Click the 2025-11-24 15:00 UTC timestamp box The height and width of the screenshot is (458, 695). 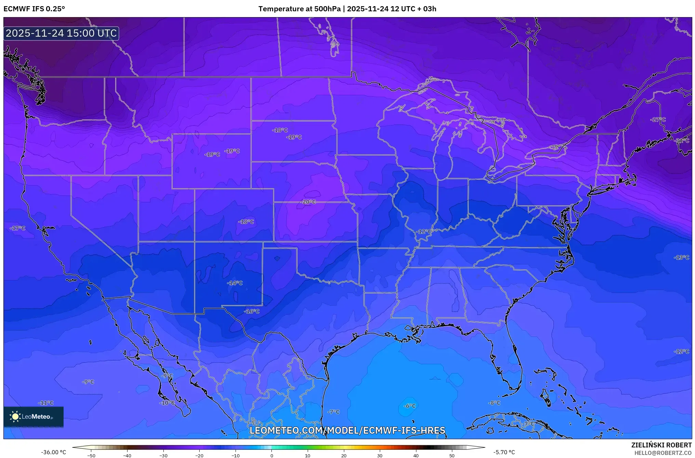(x=61, y=33)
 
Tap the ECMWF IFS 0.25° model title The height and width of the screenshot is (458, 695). (x=34, y=9)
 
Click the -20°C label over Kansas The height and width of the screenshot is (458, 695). (x=308, y=202)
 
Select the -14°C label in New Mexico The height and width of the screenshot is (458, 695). (x=235, y=283)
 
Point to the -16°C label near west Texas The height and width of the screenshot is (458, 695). (x=252, y=311)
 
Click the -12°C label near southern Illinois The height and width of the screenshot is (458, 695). (x=424, y=232)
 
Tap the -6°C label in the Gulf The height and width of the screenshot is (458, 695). (x=410, y=406)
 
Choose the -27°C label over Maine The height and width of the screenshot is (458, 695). (x=658, y=120)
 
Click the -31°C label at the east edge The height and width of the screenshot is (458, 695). (x=682, y=141)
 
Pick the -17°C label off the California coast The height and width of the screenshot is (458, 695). (x=18, y=228)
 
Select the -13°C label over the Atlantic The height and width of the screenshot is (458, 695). (x=681, y=257)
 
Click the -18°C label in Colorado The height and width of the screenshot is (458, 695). (x=246, y=222)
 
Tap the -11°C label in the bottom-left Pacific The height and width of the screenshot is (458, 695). (x=46, y=403)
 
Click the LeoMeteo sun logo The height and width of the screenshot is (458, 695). (x=15, y=417)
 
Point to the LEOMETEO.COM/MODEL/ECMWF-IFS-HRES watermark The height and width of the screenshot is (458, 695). (x=347, y=431)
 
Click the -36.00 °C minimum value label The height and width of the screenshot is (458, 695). (x=54, y=452)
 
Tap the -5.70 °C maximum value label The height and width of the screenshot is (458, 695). (x=504, y=452)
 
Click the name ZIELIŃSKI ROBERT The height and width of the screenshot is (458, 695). (x=661, y=445)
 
